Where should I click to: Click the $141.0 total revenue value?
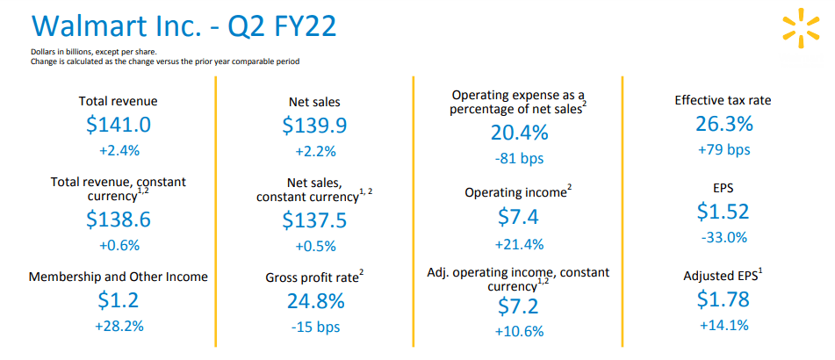(x=119, y=126)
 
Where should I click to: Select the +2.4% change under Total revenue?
(x=119, y=151)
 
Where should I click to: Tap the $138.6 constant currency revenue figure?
(x=119, y=220)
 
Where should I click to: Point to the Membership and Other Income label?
(x=119, y=277)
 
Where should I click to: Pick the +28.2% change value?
(x=119, y=326)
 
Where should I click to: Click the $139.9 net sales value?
(x=314, y=126)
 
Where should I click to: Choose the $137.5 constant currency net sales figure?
(x=314, y=220)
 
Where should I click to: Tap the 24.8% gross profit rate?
(x=316, y=301)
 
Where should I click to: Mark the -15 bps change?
(x=316, y=327)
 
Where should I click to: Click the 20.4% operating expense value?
(x=519, y=133)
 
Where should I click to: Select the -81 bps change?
(x=519, y=159)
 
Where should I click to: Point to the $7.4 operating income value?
(x=519, y=217)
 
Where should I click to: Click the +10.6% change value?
(x=519, y=331)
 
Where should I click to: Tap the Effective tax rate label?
(x=723, y=100)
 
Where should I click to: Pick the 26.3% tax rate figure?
(x=723, y=124)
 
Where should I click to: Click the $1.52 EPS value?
(x=723, y=212)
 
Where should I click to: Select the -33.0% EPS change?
(x=723, y=238)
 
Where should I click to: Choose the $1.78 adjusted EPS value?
(x=723, y=299)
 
